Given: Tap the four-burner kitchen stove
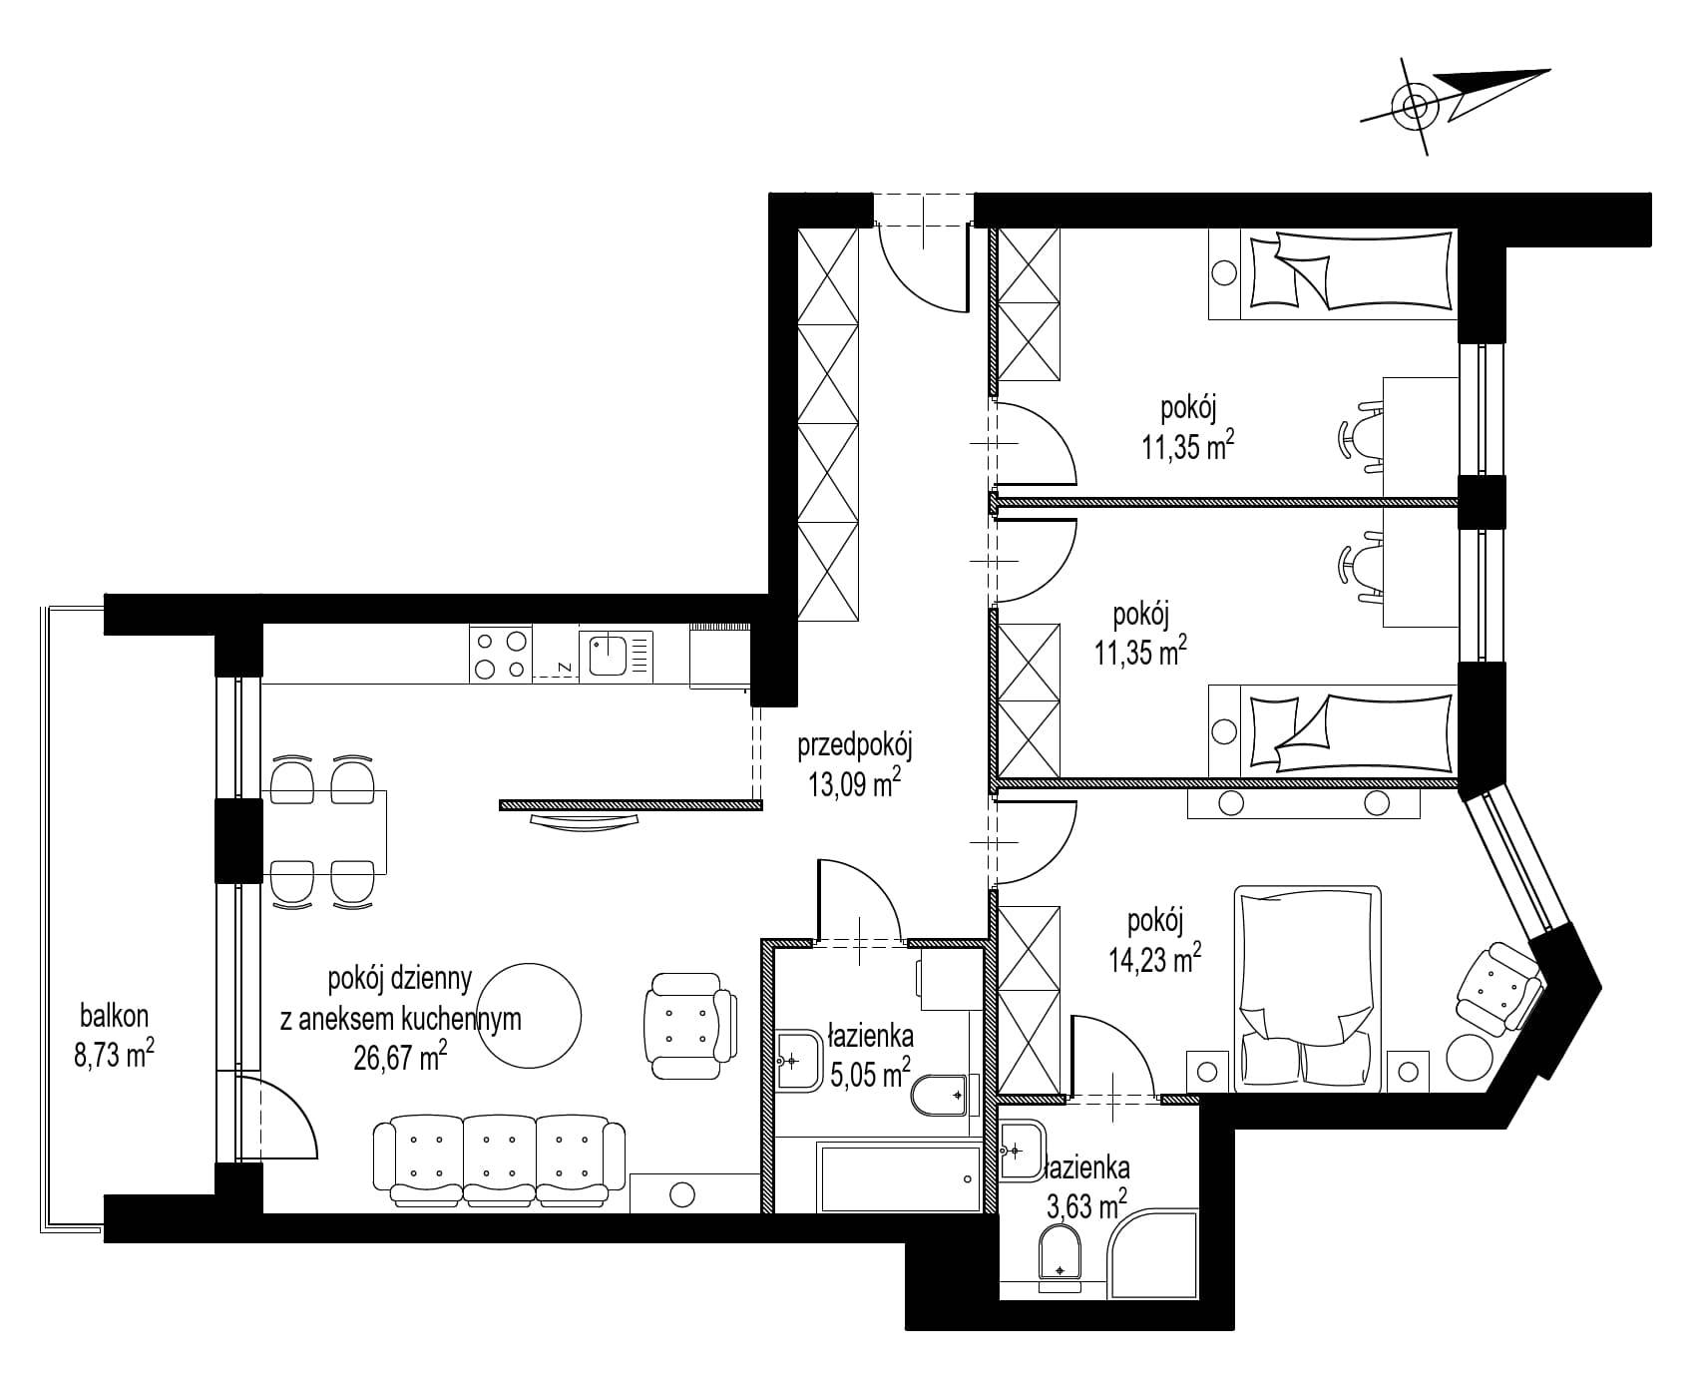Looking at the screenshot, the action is [500, 655].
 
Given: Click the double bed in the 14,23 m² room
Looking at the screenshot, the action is [1309, 989].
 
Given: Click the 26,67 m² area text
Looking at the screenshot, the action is [400, 1057].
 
